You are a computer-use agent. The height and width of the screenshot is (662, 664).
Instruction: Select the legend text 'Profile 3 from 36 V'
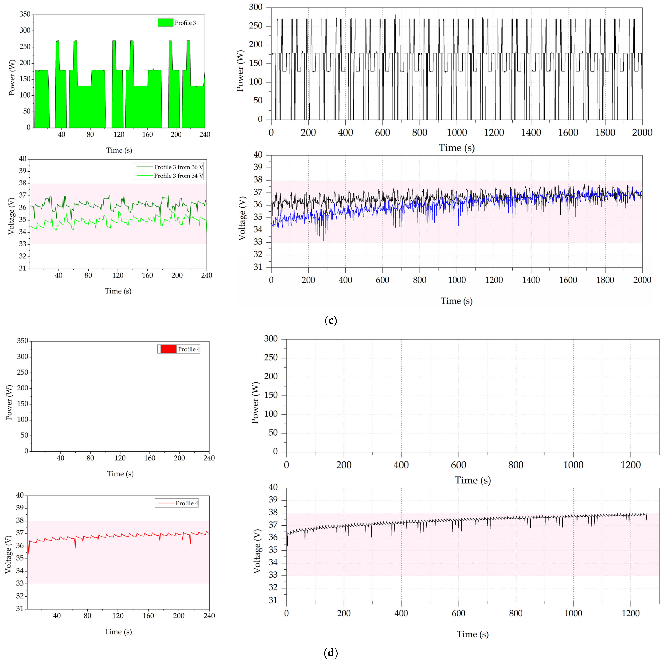coord(178,167)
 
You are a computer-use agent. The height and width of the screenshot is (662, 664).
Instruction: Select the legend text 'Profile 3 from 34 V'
coord(178,176)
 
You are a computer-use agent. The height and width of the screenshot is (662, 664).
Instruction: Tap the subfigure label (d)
coord(331,652)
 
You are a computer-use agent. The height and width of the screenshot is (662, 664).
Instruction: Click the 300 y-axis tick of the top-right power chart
coord(256,7)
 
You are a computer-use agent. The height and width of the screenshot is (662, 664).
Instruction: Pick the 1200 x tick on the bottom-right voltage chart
coord(631,613)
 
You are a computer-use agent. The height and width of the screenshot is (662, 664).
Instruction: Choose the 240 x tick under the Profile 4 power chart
coord(209,458)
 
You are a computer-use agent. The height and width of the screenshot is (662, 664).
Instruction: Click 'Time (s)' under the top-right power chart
coord(456,148)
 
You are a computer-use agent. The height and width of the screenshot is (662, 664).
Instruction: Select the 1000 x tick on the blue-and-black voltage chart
coord(457,280)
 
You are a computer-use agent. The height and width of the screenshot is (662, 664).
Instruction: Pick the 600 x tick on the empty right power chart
coord(459,465)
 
